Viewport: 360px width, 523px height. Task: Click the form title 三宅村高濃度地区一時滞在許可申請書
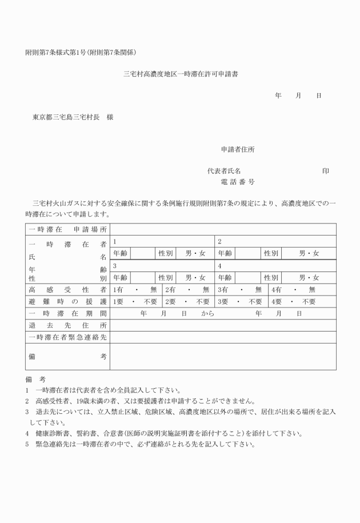tap(181, 74)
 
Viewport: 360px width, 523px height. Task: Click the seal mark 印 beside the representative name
tap(325, 171)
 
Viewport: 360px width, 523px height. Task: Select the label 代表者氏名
tap(224, 171)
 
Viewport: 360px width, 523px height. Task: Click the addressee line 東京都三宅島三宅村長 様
tap(73, 117)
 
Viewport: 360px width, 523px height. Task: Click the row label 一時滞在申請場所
tap(68, 229)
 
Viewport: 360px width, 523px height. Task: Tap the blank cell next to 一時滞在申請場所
tap(223, 229)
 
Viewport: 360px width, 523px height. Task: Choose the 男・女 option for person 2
tap(309, 253)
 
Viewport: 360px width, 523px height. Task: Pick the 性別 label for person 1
tap(166, 253)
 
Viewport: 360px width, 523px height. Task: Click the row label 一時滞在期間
tap(68, 314)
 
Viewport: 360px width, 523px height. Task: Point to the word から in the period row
tap(207, 314)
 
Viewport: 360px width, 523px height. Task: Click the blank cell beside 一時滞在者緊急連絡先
tap(223, 337)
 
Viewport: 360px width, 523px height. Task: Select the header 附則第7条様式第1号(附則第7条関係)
tap(81, 52)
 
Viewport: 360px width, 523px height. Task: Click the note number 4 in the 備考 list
tap(27, 433)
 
